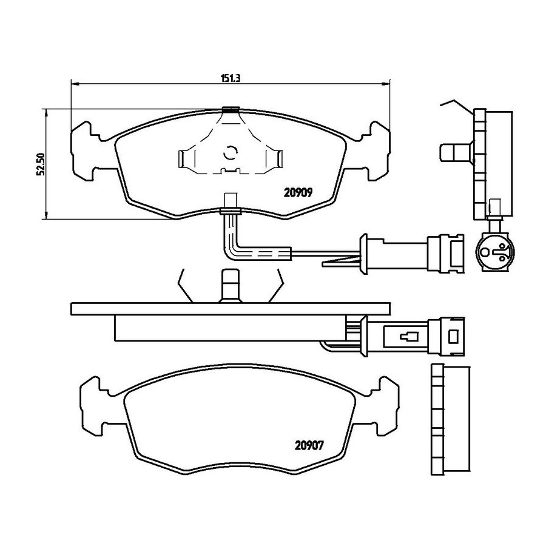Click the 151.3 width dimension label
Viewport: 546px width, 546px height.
tap(231, 78)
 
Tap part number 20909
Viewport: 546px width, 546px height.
tap(298, 192)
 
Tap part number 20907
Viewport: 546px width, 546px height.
tap(309, 445)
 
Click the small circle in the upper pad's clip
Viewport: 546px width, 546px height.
tap(230, 152)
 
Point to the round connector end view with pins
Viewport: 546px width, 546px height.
tap(494, 250)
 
